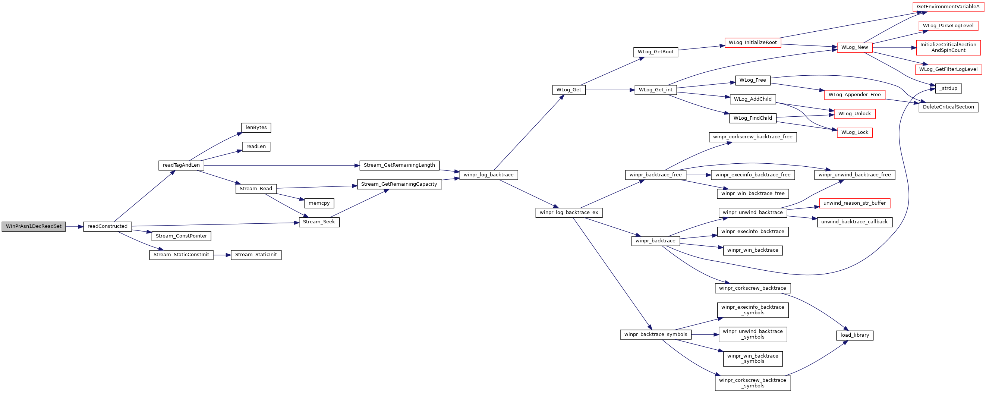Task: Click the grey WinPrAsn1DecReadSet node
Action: (34, 227)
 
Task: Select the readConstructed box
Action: (108, 227)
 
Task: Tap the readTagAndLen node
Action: (182, 165)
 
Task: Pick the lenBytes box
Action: (256, 128)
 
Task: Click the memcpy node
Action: (319, 203)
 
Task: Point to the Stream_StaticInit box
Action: (256, 255)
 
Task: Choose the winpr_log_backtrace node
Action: (489, 175)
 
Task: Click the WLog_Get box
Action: (569, 90)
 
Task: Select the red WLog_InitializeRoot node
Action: (753, 43)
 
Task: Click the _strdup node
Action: (948, 88)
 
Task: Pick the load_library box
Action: (855, 335)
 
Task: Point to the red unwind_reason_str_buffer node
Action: (855, 203)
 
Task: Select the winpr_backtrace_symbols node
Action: (656, 334)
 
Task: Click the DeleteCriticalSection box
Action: (948, 107)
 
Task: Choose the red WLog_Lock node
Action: (855, 132)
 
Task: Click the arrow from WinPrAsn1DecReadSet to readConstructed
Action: (75, 227)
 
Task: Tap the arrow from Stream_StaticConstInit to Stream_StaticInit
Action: (222, 255)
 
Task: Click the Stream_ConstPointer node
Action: (182, 236)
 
